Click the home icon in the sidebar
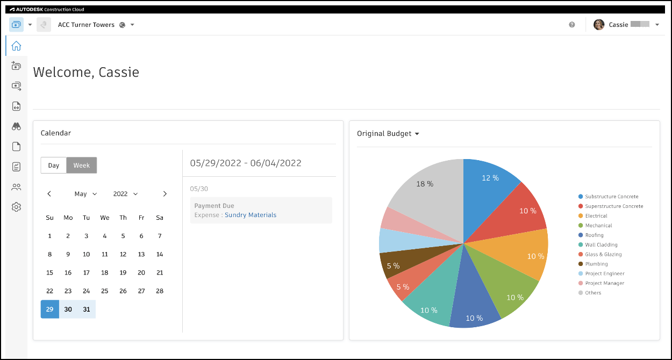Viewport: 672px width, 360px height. pyautogui.click(x=16, y=46)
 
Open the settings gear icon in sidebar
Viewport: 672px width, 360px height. pyautogui.click(x=16, y=207)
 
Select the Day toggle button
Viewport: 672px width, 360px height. pyautogui.click(x=54, y=165)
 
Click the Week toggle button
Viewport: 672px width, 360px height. pyautogui.click(x=82, y=165)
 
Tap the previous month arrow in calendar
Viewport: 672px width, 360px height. pyautogui.click(x=49, y=194)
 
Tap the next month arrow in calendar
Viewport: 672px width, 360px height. pyautogui.click(x=165, y=194)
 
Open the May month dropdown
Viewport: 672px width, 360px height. pyautogui.click(x=86, y=194)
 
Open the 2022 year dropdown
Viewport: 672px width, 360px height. pyautogui.click(x=126, y=194)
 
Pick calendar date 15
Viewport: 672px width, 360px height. pyautogui.click(x=50, y=272)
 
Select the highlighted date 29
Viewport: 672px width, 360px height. pyautogui.click(x=50, y=309)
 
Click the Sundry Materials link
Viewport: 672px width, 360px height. pyautogui.click(x=251, y=215)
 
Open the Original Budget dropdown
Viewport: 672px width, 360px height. pyautogui.click(x=388, y=134)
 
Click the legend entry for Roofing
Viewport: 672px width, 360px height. pyautogui.click(x=594, y=235)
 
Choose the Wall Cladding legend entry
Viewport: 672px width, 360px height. pyautogui.click(x=601, y=245)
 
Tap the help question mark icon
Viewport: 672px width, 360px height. pyautogui.click(x=572, y=25)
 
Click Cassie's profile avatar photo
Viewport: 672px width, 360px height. pyautogui.click(x=599, y=25)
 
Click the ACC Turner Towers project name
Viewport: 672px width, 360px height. pyautogui.click(x=86, y=25)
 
